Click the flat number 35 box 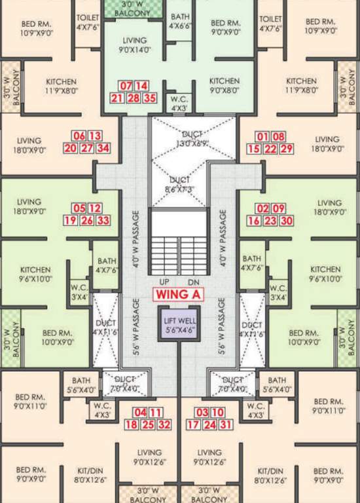tap(151, 98)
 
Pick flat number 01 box tap(263, 136)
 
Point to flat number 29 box tap(287, 149)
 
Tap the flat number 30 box tap(286, 221)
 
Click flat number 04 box tap(140, 413)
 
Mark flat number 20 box tap(71, 148)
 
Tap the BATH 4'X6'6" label tap(180, 22)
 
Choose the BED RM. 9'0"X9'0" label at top tap(226, 27)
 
